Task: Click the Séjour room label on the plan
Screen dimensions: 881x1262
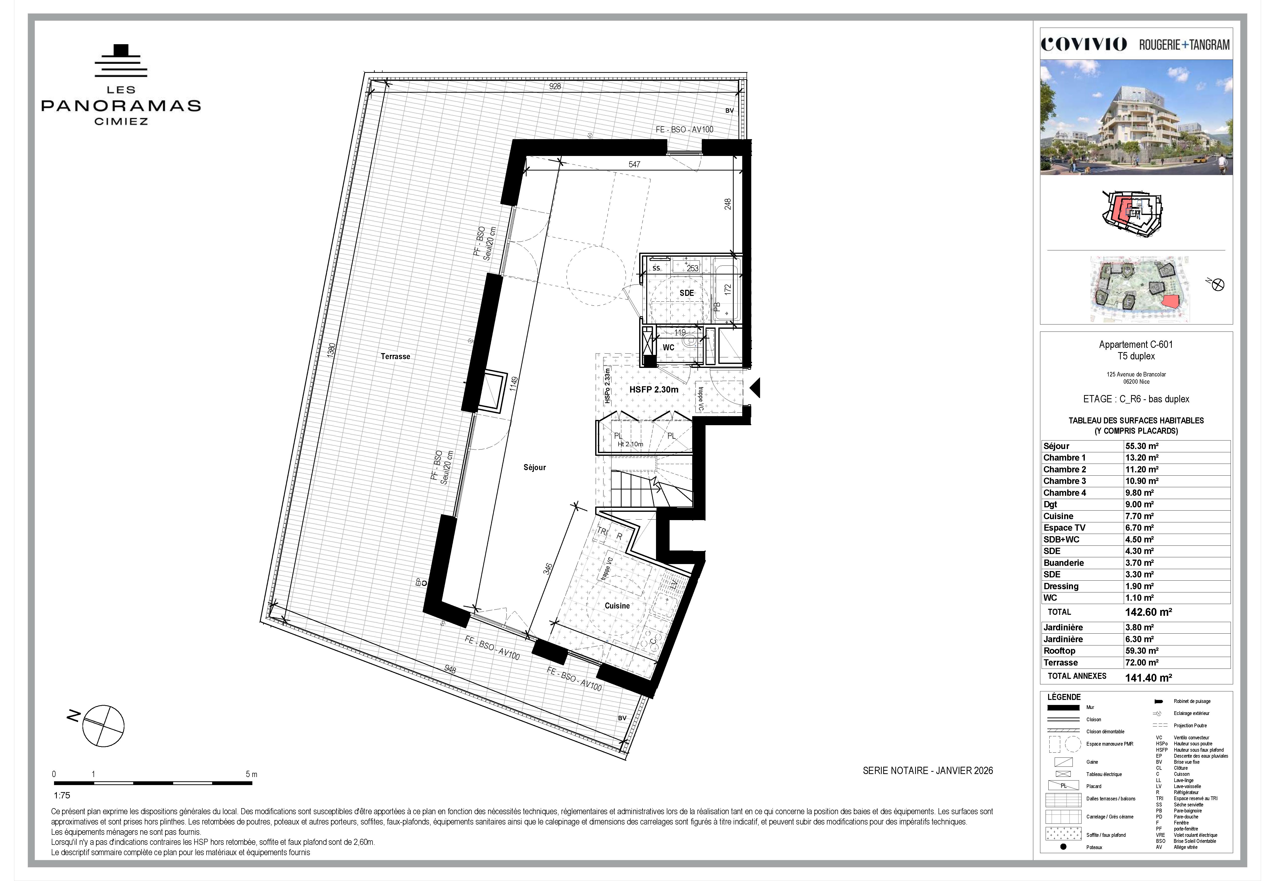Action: tap(534, 467)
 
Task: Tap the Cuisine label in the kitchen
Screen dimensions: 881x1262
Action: tap(617, 606)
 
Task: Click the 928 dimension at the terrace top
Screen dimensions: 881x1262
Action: tap(555, 86)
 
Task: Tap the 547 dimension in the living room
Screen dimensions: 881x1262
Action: tap(634, 164)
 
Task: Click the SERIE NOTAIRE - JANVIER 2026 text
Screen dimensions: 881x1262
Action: tap(928, 770)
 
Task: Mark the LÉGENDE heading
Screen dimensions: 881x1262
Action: tap(1064, 697)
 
